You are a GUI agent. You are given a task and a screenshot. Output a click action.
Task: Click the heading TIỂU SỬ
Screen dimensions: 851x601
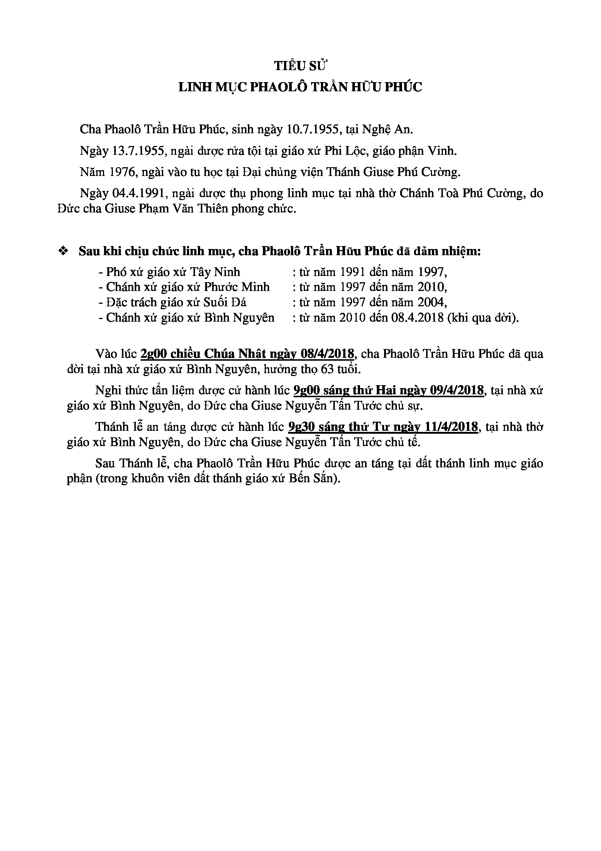point(301,66)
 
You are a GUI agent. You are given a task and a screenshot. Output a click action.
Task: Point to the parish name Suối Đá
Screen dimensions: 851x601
point(225,302)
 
